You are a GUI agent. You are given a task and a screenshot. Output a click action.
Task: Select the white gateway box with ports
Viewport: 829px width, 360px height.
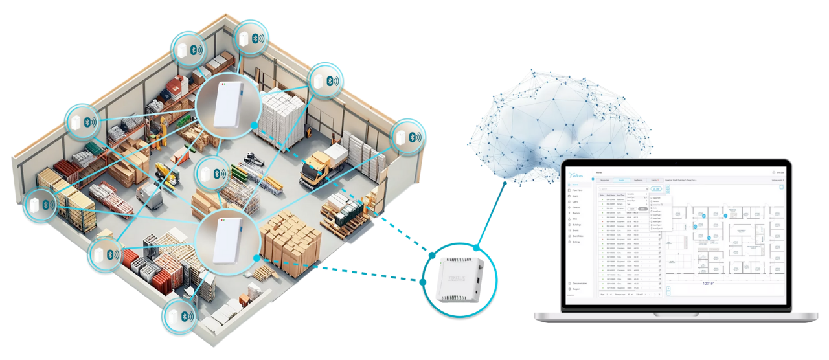click(x=459, y=278)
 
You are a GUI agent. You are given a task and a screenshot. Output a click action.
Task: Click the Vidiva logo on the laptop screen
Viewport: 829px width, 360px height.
click(x=576, y=175)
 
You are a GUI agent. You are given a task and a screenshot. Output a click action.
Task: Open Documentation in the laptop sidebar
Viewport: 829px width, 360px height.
click(x=580, y=284)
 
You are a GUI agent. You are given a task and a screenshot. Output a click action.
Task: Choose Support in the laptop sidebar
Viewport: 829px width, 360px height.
click(x=577, y=289)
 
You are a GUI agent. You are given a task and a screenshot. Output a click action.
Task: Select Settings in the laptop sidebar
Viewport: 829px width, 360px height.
click(x=576, y=242)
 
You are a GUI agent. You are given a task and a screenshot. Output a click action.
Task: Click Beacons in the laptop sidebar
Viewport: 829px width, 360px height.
click(x=576, y=213)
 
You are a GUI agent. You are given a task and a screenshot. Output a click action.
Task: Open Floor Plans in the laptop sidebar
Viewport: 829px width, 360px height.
click(x=578, y=190)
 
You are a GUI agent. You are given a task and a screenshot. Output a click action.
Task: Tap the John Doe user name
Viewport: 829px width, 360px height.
click(x=779, y=173)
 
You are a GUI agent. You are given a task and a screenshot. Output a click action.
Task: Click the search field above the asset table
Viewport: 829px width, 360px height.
click(x=622, y=189)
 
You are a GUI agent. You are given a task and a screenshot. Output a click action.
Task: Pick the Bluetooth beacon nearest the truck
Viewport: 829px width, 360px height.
click(x=408, y=137)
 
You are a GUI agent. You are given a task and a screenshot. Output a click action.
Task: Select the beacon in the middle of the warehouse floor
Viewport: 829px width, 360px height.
click(x=212, y=174)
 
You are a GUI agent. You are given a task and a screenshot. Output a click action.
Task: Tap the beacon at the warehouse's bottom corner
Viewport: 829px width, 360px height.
click(x=179, y=315)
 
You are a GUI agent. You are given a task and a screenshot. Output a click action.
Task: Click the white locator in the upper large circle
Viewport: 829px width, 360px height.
click(x=227, y=106)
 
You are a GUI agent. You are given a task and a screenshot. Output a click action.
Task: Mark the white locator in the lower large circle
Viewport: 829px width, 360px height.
click(x=227, y=237)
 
